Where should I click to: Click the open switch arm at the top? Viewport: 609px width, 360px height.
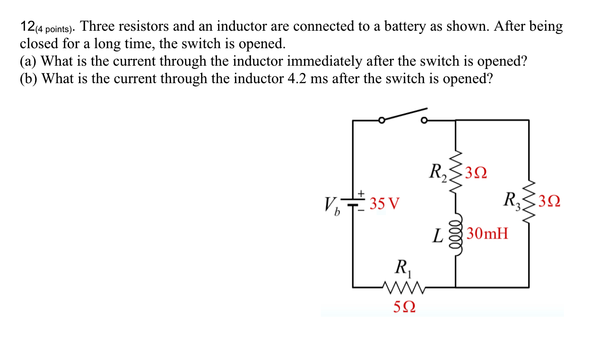point(403,115)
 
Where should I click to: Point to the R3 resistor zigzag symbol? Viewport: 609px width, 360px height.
point(529,203)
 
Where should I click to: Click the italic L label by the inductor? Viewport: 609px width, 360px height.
point(438,235)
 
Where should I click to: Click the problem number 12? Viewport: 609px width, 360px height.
point(27,27)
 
